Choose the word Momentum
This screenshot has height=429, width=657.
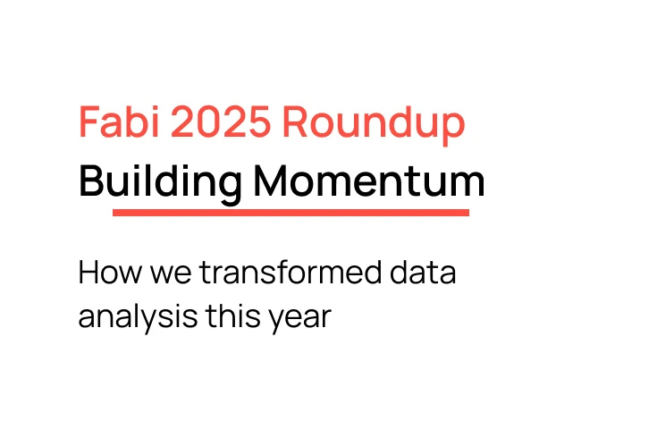(x=369, y=181)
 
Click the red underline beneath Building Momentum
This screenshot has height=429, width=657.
(x=291, y=213)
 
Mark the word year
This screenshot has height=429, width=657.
(x=299, y=317)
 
